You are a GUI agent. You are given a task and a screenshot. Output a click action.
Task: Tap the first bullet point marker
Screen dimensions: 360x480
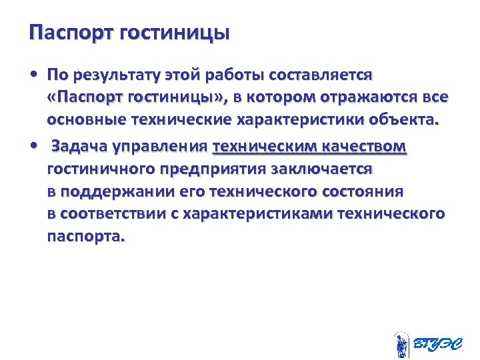33,73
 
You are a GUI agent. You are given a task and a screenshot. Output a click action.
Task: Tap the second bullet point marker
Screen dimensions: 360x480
33,145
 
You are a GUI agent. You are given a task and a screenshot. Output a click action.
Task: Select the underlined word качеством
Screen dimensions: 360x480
363,145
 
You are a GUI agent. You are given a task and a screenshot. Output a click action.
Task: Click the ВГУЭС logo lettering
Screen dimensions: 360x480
435,343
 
